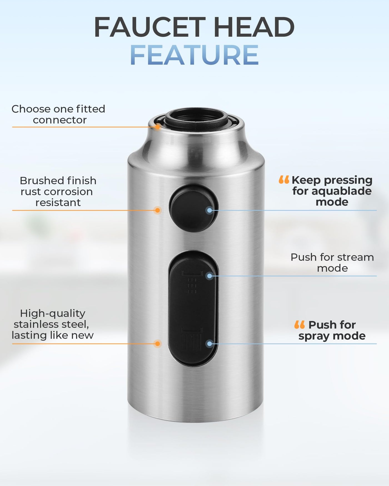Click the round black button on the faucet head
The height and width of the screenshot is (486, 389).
tap(193, 208)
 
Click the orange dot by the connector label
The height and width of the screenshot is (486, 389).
tap(158, 127)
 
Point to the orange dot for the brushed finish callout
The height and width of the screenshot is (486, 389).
tap(158, 210)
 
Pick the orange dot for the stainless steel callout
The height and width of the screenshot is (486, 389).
tap(158, 344)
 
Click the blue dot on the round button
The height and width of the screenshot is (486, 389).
tap(210, 211)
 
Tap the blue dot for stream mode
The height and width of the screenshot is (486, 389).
tap(210, 276)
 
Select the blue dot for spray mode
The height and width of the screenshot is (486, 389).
tap(210, 344)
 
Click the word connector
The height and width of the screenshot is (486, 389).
tap(60, 120)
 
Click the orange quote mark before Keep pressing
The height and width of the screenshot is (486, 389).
tap(284, 180)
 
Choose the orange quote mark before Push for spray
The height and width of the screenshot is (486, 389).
tap(300, 324)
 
